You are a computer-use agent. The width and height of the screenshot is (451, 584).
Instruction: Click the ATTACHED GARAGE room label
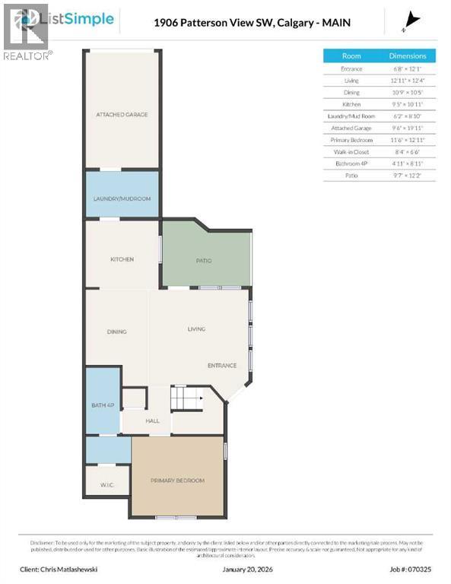[x=122, y=115]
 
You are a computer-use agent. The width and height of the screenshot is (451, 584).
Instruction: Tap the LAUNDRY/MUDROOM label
[x=122, y=198]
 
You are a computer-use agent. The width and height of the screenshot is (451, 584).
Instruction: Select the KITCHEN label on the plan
[x=122, y=259]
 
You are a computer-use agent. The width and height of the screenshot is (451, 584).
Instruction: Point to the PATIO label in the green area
[x=204, y=261]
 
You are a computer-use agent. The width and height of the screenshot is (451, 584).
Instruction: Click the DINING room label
[x=116, y=332]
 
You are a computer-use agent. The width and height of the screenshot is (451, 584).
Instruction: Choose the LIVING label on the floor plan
[x=196, y=329]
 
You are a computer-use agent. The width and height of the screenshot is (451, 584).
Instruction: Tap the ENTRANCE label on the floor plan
[x=222, y=366]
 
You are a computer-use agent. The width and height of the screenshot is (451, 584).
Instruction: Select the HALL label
[x=152, y=420]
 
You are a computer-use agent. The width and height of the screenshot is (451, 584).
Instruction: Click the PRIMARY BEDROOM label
[x=177, y=481]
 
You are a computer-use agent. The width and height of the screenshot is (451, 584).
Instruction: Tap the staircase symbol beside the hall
[x=186, y=398]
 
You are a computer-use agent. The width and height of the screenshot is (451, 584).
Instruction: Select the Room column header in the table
[x=351, y=56]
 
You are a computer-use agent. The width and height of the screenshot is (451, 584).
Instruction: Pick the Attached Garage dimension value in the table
[x=408, y=128]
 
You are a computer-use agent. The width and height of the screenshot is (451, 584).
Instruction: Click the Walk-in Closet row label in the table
[x=351, y=151]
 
